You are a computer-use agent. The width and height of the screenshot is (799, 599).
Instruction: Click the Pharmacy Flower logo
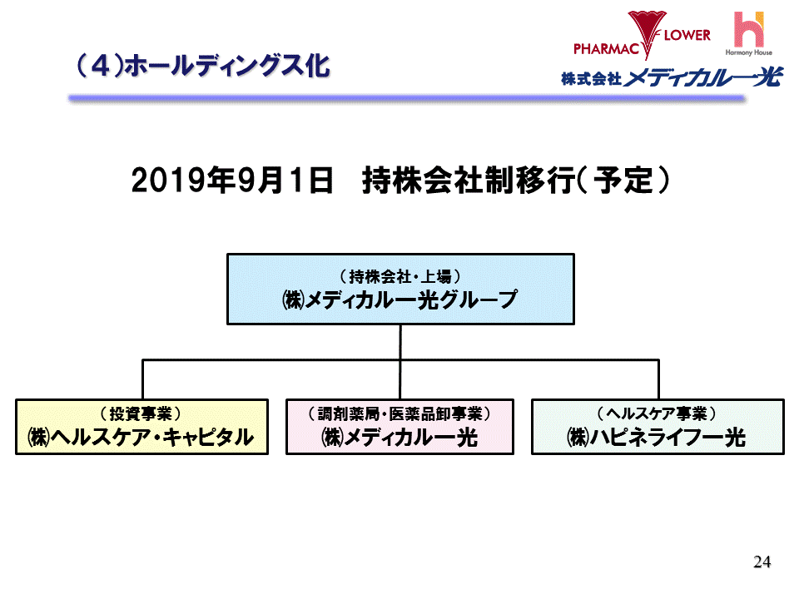(x=641, y=35)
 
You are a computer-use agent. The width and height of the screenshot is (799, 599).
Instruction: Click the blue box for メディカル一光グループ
(x=400, y=289)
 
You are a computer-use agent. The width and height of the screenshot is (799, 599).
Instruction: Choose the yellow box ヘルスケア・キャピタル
(x=141, y=427)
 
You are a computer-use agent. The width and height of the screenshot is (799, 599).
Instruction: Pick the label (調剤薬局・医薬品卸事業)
(x=400, y=413)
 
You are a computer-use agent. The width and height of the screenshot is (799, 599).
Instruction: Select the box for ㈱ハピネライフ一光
(x=657, y=427)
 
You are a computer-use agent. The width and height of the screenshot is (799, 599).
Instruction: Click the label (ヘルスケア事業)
(x=657, y=413)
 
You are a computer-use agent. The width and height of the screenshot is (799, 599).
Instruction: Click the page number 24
(x=762, y=562)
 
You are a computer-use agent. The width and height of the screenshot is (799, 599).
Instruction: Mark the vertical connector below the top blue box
(x=400, y=341)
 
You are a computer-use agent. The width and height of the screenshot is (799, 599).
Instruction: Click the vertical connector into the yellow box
(x=142, y=379)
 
